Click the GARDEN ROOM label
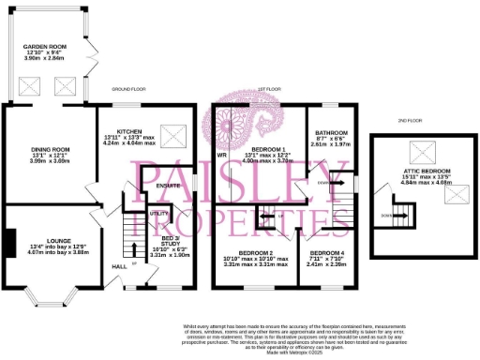click(x=42, y=44)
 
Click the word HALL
click(x=120, y=266)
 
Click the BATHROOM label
click(x=332, y=133)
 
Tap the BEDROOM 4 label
click(x=327, y=253)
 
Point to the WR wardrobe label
click(x=223, y=155)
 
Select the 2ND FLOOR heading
click(x=409, y=120)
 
